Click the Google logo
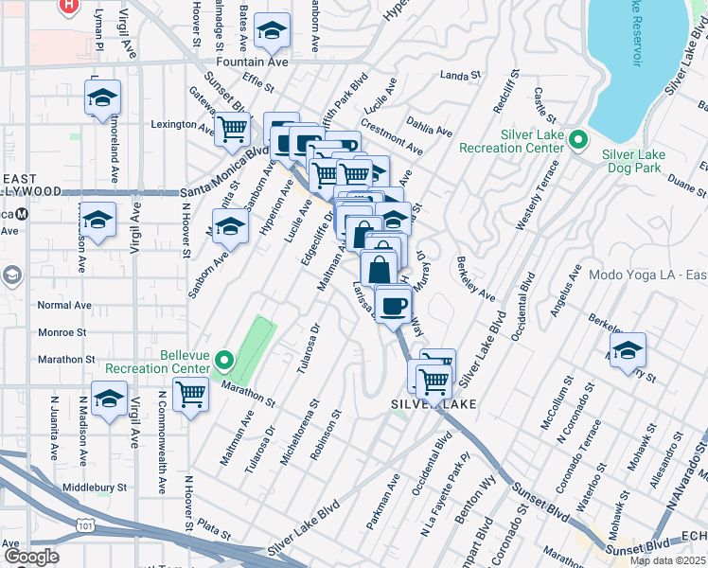click(x=30, y=557)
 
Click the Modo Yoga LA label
click(x=647, y=275)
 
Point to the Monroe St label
click(x=62, y=333)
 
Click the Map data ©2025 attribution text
click(x=666, y=559)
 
